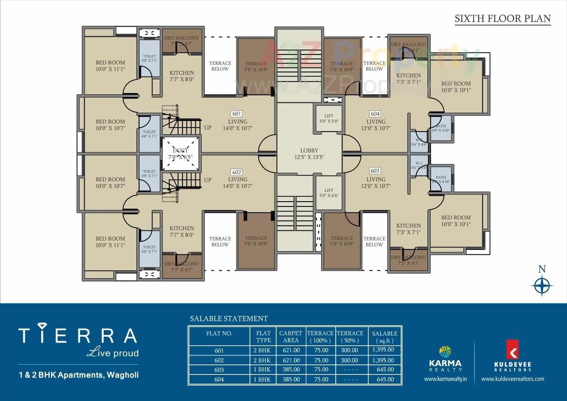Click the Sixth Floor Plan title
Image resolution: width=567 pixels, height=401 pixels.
click(x=503, y=19)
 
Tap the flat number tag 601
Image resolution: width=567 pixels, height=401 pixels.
click(x=237, y=113)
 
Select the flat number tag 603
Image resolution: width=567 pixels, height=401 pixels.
click(x=375, y=171)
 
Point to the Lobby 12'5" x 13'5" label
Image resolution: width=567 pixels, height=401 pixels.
click(x=309, y=154)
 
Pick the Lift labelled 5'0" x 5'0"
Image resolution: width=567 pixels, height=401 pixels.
click(x=328, y=118)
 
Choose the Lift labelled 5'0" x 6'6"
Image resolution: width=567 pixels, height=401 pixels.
click(x=328, y=193)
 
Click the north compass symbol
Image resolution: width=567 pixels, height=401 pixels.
click(x=541, y=285)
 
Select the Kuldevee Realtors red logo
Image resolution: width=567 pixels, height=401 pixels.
click(x=513, y=350)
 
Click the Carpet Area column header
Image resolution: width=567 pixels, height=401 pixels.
click(x=290, y=336)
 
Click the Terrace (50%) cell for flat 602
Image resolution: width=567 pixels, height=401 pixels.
click(x=350, y=360)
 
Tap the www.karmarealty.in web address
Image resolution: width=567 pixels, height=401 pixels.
click(x=446, y=379)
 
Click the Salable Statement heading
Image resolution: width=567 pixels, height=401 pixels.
click(x=229, y=318)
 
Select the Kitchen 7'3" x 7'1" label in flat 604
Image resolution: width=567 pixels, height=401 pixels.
click(x=408, y=78)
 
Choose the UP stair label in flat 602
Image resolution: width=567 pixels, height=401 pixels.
click(x=208, y=180)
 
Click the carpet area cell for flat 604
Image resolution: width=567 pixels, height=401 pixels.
click(x=290, y=379)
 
